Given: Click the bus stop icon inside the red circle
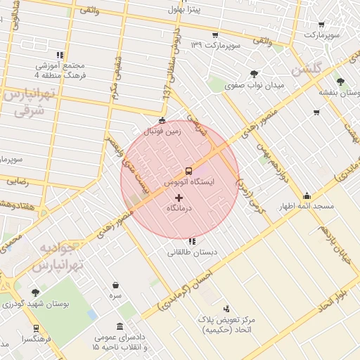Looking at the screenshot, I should coord(188,171).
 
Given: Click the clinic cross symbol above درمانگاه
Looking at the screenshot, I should coord(179,198).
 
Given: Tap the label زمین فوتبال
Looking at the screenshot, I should coord(162,131).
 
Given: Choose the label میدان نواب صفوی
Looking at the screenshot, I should coord(254,85).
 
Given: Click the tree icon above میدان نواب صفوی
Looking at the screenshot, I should coord(254,74).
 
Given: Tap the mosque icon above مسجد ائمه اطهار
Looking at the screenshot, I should coord(307,196).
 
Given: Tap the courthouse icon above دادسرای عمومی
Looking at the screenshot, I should coord(120,327).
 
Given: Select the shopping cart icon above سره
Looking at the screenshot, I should coord(115,285).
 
